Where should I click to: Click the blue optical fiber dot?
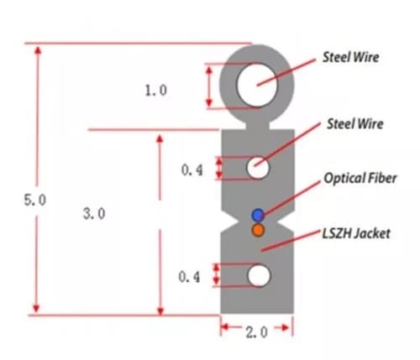[258, 215]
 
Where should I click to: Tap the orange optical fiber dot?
[258, 230]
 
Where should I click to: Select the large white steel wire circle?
[257, 85]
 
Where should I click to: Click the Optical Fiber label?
[360, 178]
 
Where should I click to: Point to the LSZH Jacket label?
[356, 233]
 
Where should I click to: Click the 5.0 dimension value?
[35, 200]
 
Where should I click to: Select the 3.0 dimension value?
[94, 214]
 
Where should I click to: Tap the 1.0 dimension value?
[155, 91]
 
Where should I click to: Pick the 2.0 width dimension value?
[256, 332]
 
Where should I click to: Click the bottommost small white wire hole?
[259, 275]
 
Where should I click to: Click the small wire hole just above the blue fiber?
[258, 168]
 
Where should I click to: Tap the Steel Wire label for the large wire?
[350, 57]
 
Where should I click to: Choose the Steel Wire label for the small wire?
[354, 123]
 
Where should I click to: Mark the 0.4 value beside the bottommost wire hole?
[189, 277]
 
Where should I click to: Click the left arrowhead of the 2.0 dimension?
[225, 326]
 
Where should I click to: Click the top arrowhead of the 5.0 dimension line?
[38, 50]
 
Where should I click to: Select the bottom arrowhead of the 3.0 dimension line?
[160, 311]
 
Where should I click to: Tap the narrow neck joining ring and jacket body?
[257, 126]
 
